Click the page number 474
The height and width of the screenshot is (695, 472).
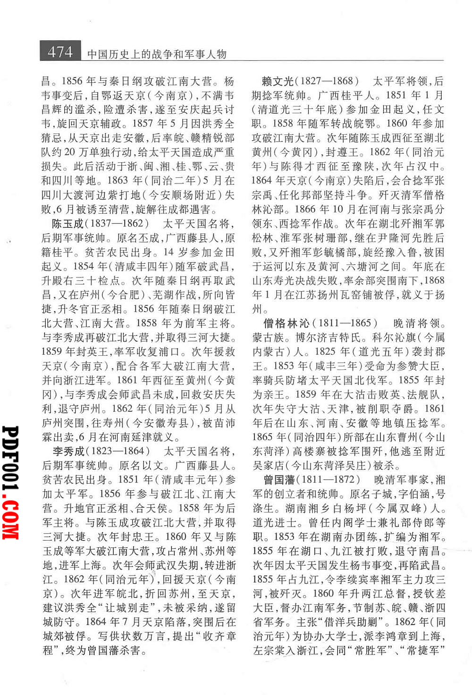point(60,51)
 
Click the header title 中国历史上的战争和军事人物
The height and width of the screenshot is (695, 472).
point(157,54)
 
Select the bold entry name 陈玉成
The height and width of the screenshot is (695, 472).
point(68,224)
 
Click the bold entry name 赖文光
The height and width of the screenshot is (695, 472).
point(278,81)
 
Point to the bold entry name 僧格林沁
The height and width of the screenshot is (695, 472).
point(287,323)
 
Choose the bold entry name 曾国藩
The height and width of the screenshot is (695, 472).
point(279,480)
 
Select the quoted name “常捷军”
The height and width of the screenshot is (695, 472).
point(425,650)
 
